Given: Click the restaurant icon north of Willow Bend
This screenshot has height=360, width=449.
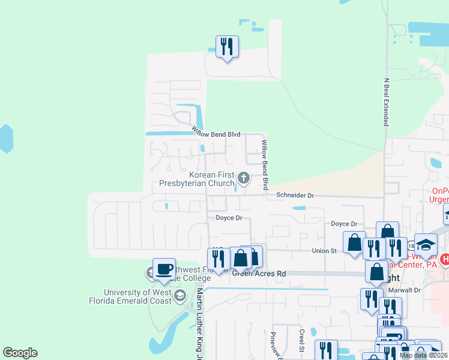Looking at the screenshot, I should [227, 47].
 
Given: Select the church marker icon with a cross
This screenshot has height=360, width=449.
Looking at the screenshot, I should [244, 177].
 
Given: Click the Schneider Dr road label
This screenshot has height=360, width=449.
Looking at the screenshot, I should [295, 195].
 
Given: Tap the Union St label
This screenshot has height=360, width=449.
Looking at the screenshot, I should [324, 250].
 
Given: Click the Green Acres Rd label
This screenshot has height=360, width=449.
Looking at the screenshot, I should [259, 274].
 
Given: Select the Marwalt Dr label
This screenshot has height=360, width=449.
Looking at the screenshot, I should [405, 290].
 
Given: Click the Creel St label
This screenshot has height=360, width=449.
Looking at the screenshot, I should [302, 340].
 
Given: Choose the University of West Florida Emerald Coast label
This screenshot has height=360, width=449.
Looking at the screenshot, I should [137, 296].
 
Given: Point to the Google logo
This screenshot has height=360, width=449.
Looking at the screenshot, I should [20, 353].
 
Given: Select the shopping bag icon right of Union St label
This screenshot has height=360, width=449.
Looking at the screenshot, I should [354, 243].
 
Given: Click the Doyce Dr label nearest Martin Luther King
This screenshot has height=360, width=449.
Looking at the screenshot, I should [228, 218].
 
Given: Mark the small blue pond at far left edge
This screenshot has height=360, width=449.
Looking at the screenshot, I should [5, 139].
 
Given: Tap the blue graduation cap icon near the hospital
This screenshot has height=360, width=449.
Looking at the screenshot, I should [426, 244].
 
